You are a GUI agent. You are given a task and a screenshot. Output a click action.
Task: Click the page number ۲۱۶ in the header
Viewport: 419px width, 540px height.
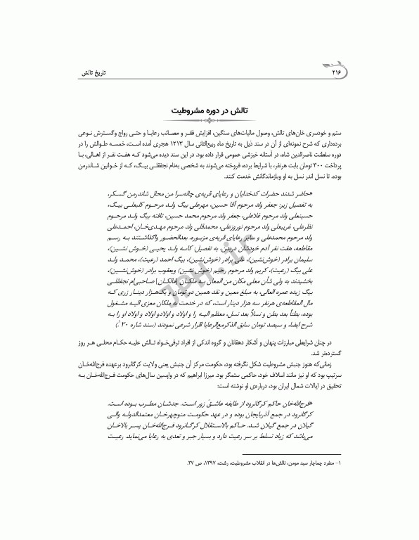[x=334, y=73]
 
